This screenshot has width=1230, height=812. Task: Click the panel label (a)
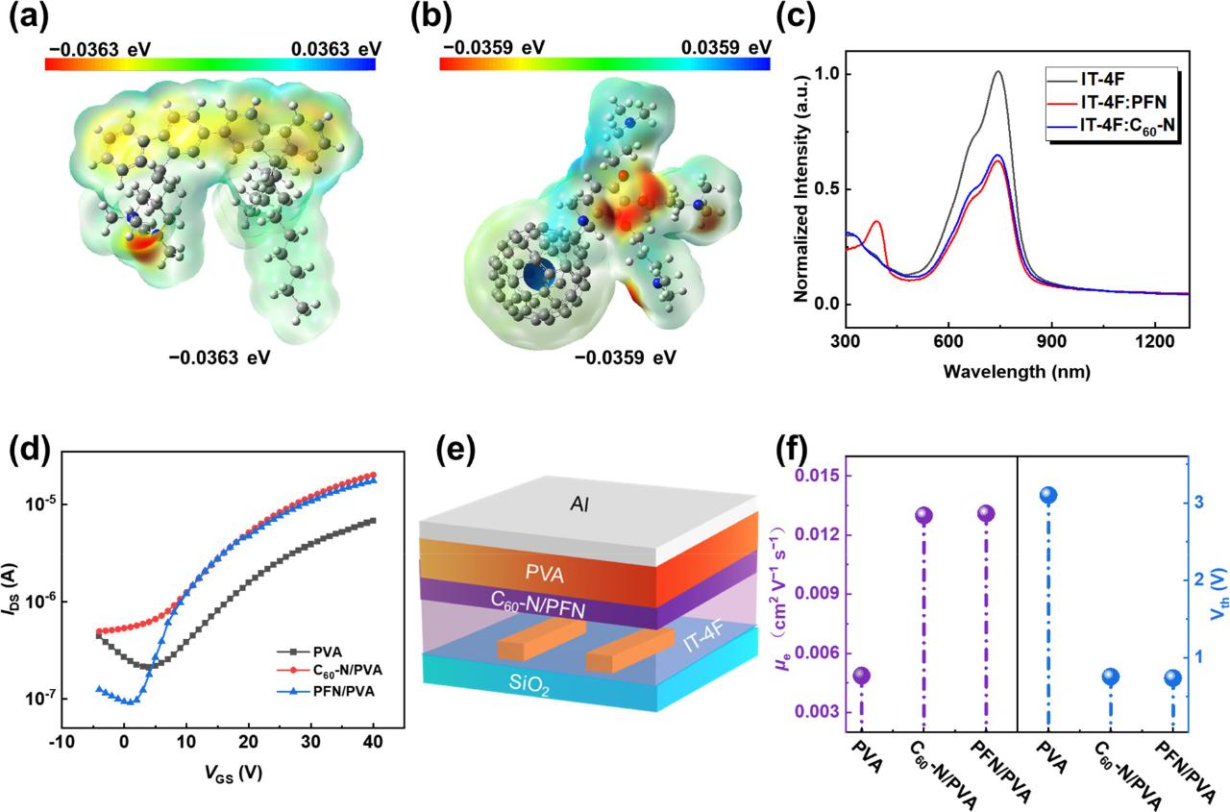[x=26, y=20]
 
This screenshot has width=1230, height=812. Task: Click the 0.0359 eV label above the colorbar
[x=726, y=47]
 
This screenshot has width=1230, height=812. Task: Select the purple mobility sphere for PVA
[x=862, y=677]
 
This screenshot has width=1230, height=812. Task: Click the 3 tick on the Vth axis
[x=1193, y=502]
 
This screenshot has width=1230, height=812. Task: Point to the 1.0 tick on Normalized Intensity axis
[x=821, y=74]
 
